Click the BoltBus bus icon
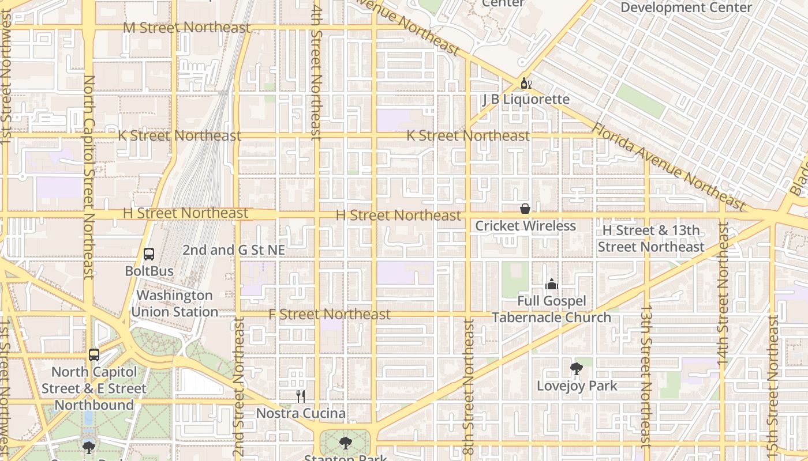click(149, 254)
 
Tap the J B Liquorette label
click(526, 100)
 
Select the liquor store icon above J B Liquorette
click(526, 84)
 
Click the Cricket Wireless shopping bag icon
click(525, 209)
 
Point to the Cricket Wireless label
click(525, 226)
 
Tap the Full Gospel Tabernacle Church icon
click(552, 284)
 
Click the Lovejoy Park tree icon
click(576, 369)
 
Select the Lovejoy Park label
click(577, 386)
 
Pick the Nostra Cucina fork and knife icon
click(300, 396)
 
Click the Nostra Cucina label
click(301, 414)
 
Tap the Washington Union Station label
click(174, 304)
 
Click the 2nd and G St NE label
click(234, 250)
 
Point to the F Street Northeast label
click(330, 315)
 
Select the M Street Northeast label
click(187, 28)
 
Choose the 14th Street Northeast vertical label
click(723, 293)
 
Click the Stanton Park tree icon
click(345, 443)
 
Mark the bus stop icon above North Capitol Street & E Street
click(94, 355)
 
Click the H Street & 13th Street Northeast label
click(651, 239)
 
